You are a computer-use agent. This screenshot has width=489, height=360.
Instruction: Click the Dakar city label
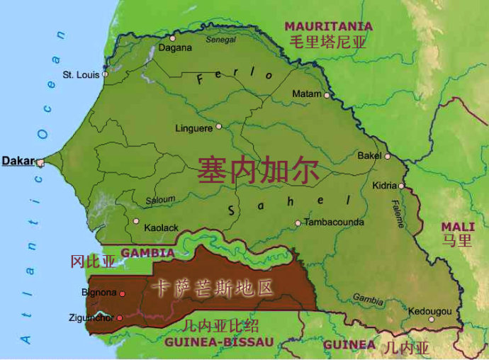pos(18,161)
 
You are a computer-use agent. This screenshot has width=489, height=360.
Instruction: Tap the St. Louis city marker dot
pos(105,74)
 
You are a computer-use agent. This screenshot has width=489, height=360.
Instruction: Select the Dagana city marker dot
pos(172,38)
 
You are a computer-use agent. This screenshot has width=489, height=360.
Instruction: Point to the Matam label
pos(307,94)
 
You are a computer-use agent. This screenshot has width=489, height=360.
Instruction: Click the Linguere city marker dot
pos(218,127)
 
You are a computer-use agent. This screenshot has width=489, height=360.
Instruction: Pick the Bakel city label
pos(369,155)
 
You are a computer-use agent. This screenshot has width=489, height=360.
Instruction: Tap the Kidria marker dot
pos(401,186)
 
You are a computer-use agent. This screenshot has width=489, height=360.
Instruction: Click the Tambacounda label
pos(334,222)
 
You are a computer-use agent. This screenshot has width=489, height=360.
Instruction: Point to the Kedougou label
pos(429,311)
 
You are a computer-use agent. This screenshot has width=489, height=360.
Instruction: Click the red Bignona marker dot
pos(122,293)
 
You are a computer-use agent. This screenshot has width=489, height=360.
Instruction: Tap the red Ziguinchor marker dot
pos(119,317)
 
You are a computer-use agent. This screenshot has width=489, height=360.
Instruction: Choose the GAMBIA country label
pos(148,252)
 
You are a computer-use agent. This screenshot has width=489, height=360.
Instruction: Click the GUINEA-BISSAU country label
pos(218,342)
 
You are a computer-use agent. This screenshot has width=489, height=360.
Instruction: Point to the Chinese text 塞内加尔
pos(258,171)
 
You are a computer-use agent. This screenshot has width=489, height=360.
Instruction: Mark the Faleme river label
pos(397,215)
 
